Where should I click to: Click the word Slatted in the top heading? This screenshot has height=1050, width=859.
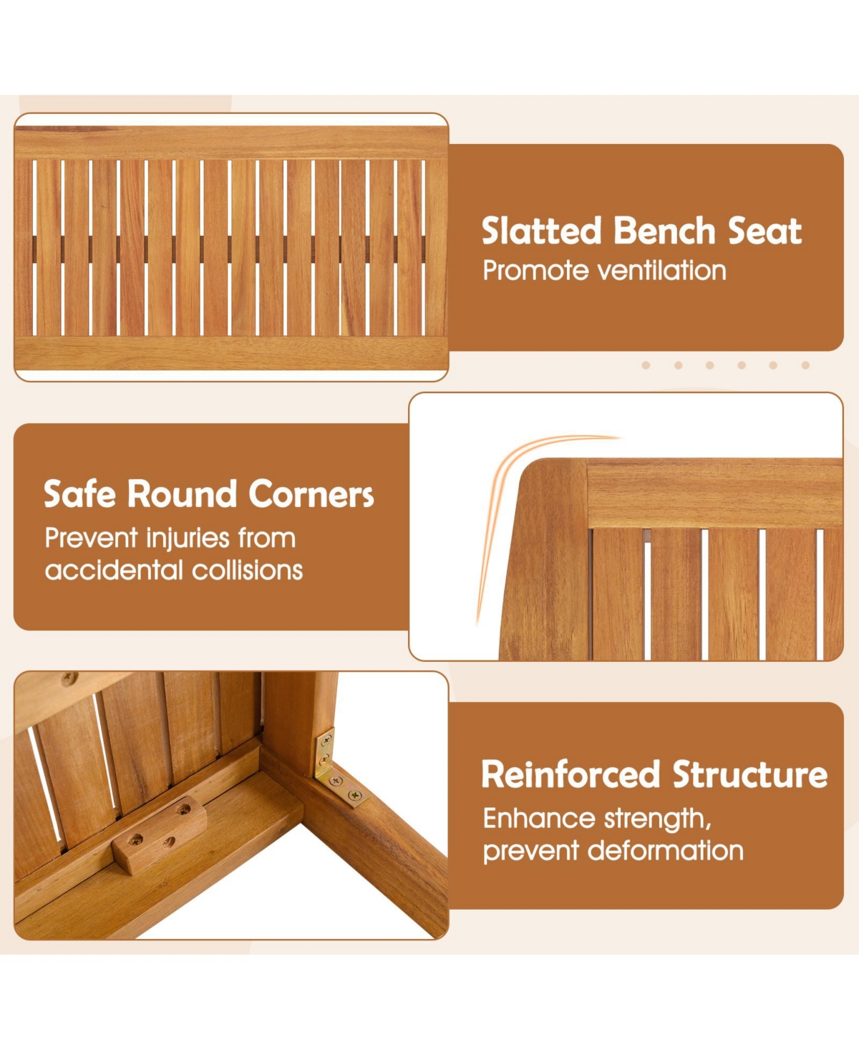(541, 231)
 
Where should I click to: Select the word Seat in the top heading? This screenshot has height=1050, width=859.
(765, 231)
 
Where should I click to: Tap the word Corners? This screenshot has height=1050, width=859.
(311, 495)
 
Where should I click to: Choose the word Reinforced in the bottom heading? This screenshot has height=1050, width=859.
(571, 775)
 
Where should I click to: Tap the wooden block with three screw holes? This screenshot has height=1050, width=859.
(160, 833)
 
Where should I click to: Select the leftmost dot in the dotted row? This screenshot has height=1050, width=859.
(646, 365)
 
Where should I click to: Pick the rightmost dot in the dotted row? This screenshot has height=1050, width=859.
(805, 365)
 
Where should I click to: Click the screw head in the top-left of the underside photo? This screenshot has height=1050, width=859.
(69, 678)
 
